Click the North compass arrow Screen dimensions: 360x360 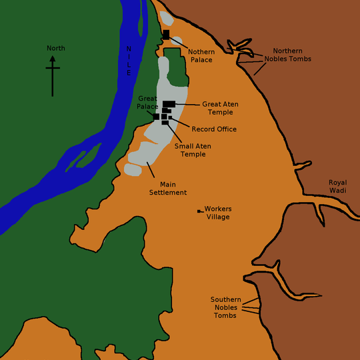53,73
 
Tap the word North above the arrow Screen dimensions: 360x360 56,48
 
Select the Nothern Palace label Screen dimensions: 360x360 200,55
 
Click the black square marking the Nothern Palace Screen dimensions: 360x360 166,35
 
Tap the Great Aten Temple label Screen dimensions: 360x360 220,107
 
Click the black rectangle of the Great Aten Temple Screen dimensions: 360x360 169,103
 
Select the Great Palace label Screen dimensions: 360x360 147,102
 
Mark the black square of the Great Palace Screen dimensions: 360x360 156,117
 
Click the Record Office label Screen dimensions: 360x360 213,129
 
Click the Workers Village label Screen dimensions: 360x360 218,213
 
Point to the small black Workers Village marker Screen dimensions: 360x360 199,211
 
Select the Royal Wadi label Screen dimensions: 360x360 338,186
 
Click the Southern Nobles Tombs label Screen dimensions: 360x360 225,307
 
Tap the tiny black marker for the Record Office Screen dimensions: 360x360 170,117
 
